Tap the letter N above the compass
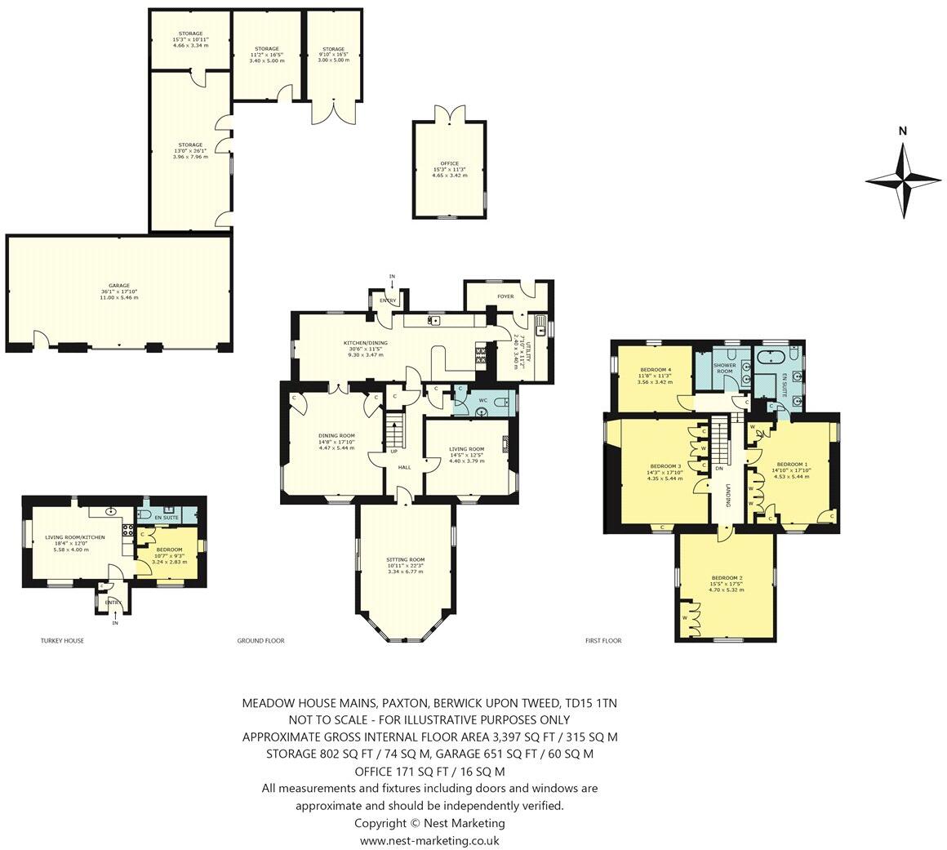pyautogui.click(x=903, y=131)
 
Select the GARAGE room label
pyautogui.click(x=119, y=287)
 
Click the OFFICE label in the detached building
pyautogui.click(x=448, y=164)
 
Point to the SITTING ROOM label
pyautogui.click(x=405, y=560)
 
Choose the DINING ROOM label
pyautogui.click(x=336, y=436)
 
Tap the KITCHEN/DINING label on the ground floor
pyautogui.click(x=365, y=345)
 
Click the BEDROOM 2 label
pyautogui.click(x=725, y=578)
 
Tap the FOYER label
pyautogui.click(x=505, y=296)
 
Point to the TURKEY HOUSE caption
pyautogui.click(x=62, y=641)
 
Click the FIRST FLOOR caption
pyautogui.click(x=603, y=641)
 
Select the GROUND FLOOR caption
pyautogui.click(x=260, y=641)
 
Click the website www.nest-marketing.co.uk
pyautogui.click(x=429, y=840)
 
